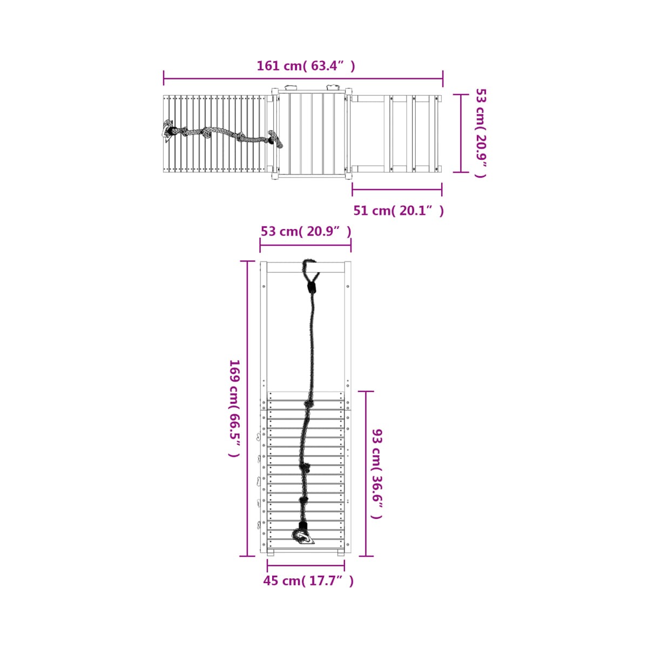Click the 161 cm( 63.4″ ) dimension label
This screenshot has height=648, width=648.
pyautogui.click(x=306, y=66)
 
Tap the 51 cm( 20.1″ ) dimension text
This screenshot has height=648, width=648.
pyautogui.click(x=399, y=211)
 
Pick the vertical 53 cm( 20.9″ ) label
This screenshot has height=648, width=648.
pyautogui.click(x=481, y=133)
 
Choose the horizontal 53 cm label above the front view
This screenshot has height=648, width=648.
pyautogui.click(x=306, y=231)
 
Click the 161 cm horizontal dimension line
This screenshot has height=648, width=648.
pyautogui.click(x=303, y=79)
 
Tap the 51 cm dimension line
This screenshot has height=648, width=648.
pyautogui.click(x=397, y=190)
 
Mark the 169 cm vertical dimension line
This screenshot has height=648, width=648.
pyautogui.click(x=247, y=409)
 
